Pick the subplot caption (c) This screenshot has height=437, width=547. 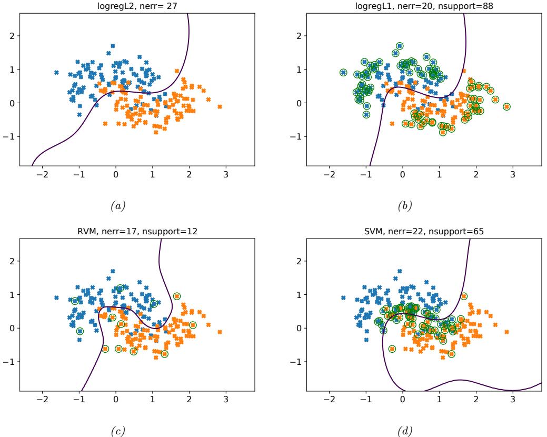(x=116, y=432)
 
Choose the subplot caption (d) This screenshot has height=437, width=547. (x=404, y=432)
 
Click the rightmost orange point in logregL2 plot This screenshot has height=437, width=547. (x=220, y=106)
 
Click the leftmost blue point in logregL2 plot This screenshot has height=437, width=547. (x=56, y=73)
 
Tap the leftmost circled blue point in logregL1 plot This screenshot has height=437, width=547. (x=343, y=73)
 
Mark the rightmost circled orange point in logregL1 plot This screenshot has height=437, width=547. (x=506, y=106)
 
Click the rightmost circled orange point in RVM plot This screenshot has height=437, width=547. (x=193, y=325)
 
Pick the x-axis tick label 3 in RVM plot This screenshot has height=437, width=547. (x=226, y=400)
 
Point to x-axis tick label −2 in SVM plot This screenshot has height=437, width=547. (x=327, y=400)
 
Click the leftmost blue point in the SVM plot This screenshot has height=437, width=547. (x=343, y=298)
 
